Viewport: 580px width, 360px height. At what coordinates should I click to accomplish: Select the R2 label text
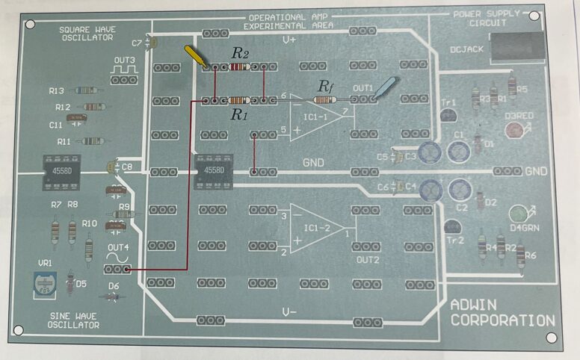[239, 53]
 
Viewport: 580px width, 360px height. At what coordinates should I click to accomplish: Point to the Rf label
[326, 86]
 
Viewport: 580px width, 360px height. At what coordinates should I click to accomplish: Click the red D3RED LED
[513, 131]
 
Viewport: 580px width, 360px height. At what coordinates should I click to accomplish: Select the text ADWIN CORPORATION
[502, 313]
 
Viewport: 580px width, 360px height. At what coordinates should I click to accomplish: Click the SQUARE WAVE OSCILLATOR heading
[87, 33]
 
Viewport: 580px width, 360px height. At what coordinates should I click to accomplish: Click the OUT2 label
[368, 260]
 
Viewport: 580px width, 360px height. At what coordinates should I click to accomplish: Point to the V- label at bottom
[289, 311]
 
